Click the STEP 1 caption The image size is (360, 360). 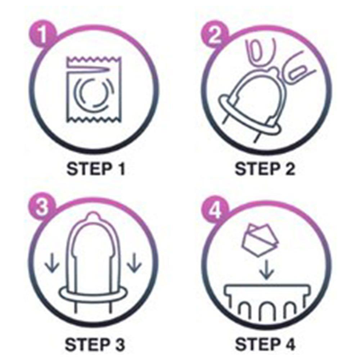pos(95,169)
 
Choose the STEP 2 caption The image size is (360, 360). pos(265,169)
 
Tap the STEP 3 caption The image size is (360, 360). pos(95,345)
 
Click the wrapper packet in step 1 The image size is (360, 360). pos(94,90)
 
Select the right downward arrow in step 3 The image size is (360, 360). pos(134,263)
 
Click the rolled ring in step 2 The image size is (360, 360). pos(250,115)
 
